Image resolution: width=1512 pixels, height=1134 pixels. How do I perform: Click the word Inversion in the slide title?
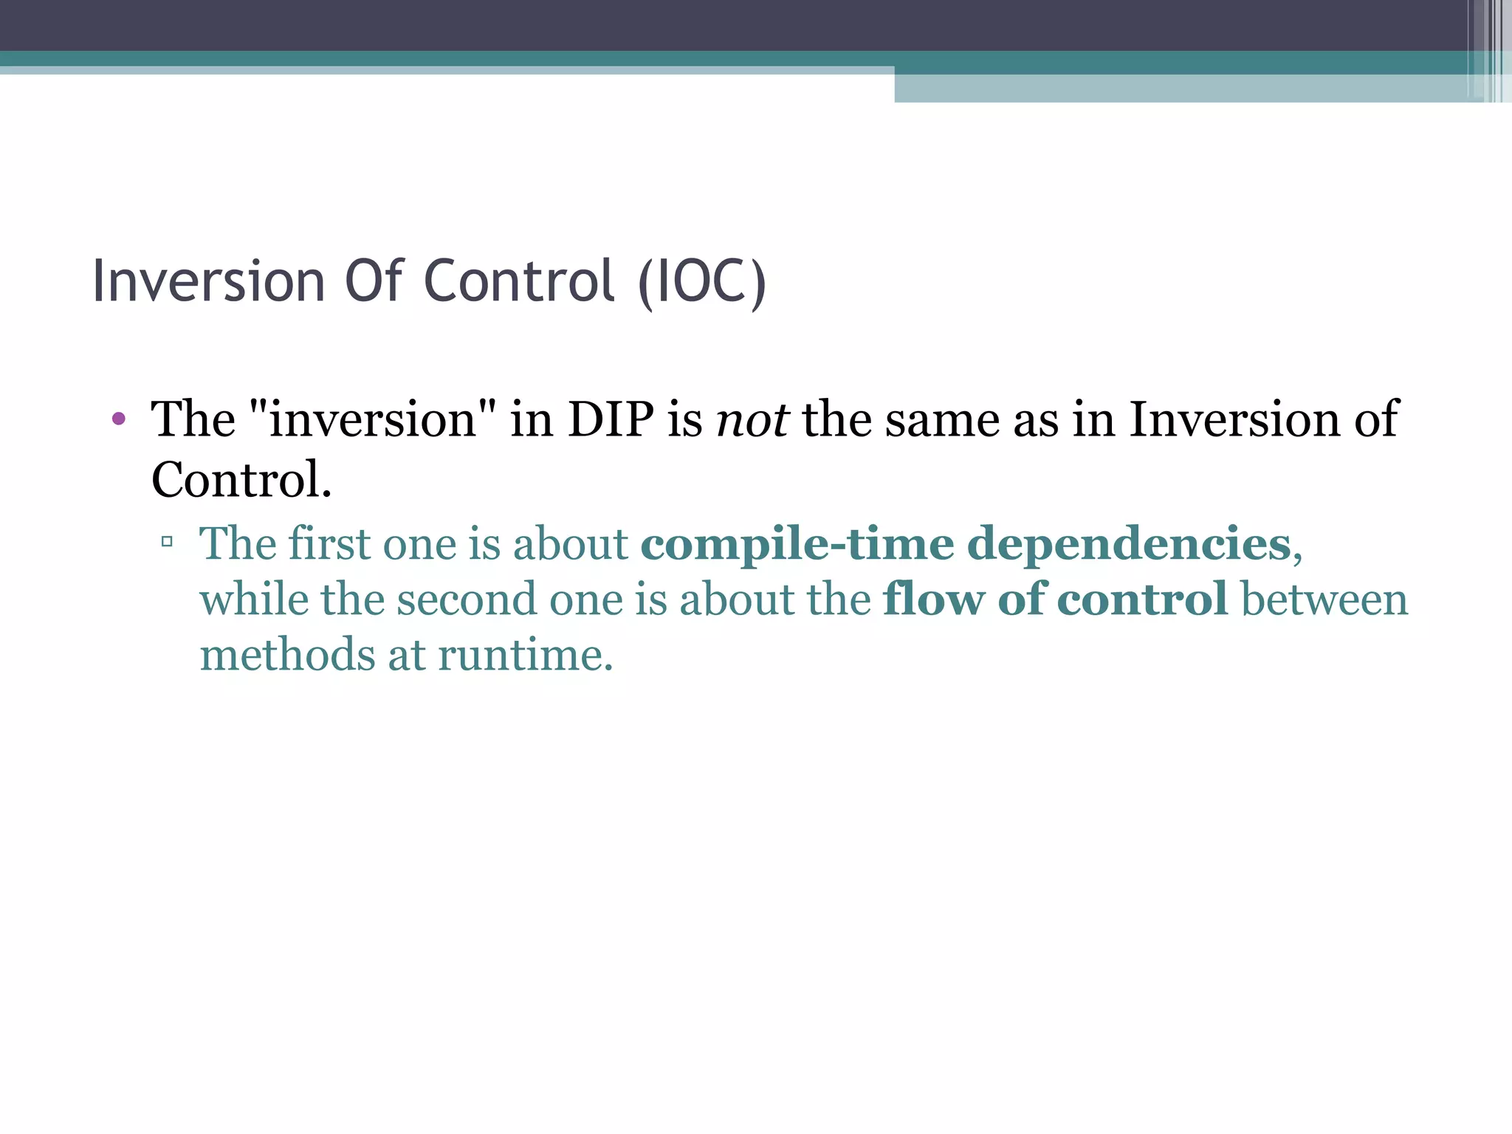point(208,282)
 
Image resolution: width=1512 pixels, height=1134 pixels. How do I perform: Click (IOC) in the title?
point(702,282)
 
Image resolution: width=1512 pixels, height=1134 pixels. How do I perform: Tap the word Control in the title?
point(519,282)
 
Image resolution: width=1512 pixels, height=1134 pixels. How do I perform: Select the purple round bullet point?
point(118,420)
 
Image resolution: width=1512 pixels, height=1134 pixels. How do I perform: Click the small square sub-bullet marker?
point(167,543)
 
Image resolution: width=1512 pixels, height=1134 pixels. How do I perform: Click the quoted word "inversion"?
point(373,420)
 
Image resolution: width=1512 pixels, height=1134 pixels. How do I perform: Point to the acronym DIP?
point(611,420)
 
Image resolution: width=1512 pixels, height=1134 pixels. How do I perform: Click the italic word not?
point(752,420)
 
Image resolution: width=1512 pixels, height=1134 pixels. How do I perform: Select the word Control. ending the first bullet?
point(241,480)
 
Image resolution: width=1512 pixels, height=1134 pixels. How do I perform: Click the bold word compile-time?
point(797,545)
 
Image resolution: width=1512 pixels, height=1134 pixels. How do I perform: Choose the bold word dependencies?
point(1129,545)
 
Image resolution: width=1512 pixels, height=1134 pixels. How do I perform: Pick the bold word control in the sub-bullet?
point(1141,599)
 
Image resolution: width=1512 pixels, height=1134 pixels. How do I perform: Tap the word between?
point(1324,599)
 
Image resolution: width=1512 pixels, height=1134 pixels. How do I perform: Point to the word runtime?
point(524,655)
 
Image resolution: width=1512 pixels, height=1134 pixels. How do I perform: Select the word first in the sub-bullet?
point(329,545)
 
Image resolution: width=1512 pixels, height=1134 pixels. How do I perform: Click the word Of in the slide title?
point(374,282)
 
